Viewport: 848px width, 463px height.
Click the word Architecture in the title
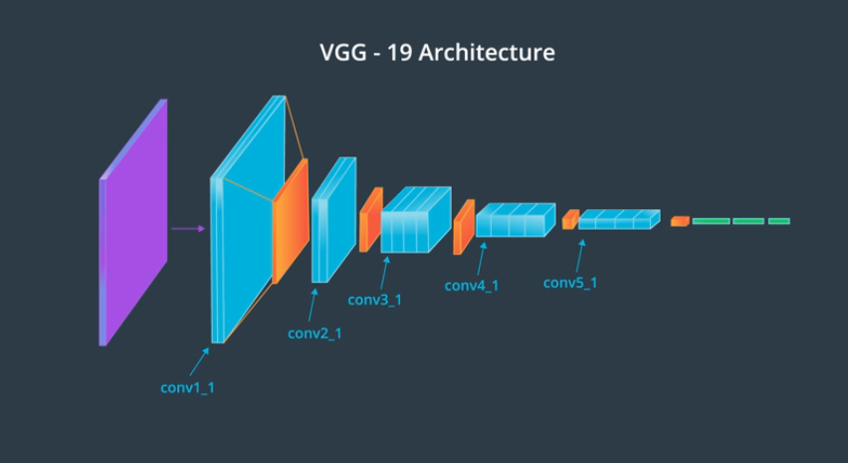487,53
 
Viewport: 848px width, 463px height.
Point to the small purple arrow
187,229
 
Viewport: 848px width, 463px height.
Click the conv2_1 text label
315,333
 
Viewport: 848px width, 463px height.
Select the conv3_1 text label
374,300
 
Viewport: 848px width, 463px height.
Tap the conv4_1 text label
471,286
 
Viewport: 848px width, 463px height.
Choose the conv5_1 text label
570,283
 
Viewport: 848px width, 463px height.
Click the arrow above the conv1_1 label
197,361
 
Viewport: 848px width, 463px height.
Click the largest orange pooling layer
290,221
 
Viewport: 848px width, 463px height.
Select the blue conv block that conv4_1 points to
514,220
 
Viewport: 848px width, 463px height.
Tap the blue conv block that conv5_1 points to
617,219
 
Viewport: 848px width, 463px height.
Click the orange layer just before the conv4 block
464,226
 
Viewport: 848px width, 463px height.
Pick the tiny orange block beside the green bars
680,221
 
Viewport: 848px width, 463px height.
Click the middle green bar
747,221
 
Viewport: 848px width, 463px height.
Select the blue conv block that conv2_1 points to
332,220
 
